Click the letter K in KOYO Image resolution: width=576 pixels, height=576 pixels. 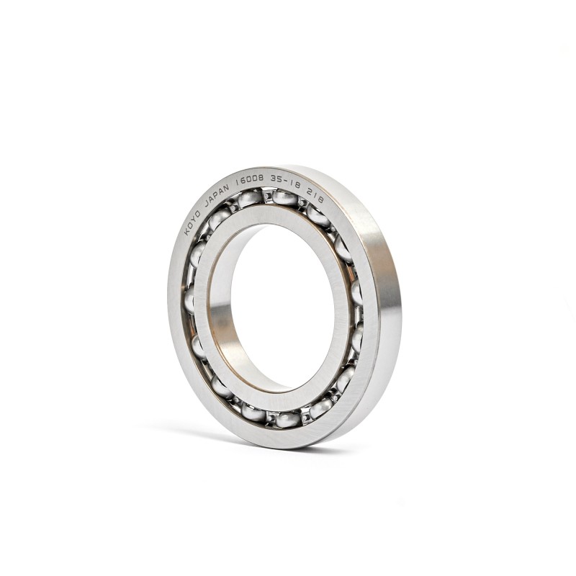(x=186, y=233)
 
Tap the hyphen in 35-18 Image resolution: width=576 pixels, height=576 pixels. (x=286, y=182)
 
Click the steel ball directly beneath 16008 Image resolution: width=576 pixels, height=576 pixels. (x=250, y=199)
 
